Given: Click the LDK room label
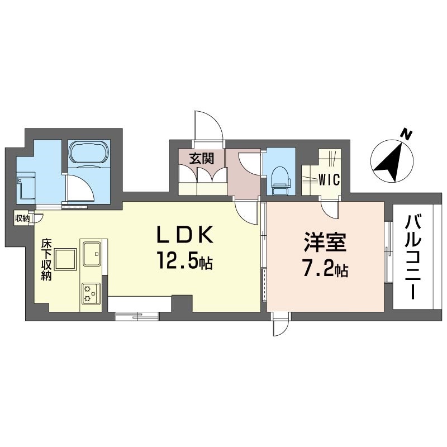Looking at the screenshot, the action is (x=184, y=235).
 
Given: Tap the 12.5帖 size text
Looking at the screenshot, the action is (x=184, y=261).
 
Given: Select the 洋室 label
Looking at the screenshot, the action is (x=325, y=242).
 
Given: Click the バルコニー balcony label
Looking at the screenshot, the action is (x=413, y=258).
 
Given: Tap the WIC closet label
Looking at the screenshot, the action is (x=329, y=180).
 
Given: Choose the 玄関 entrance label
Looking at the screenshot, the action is (x=202, y=158).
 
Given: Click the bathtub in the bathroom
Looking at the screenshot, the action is (x=89, y=152).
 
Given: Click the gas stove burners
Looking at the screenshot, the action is (x=91, y=294).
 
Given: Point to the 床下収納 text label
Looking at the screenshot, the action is (x=46, y=260).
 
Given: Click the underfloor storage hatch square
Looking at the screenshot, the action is (x=66, y=259).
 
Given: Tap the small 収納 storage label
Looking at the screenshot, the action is (x=22, y=218).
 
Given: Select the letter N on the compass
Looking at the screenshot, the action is (x=406, y=134).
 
